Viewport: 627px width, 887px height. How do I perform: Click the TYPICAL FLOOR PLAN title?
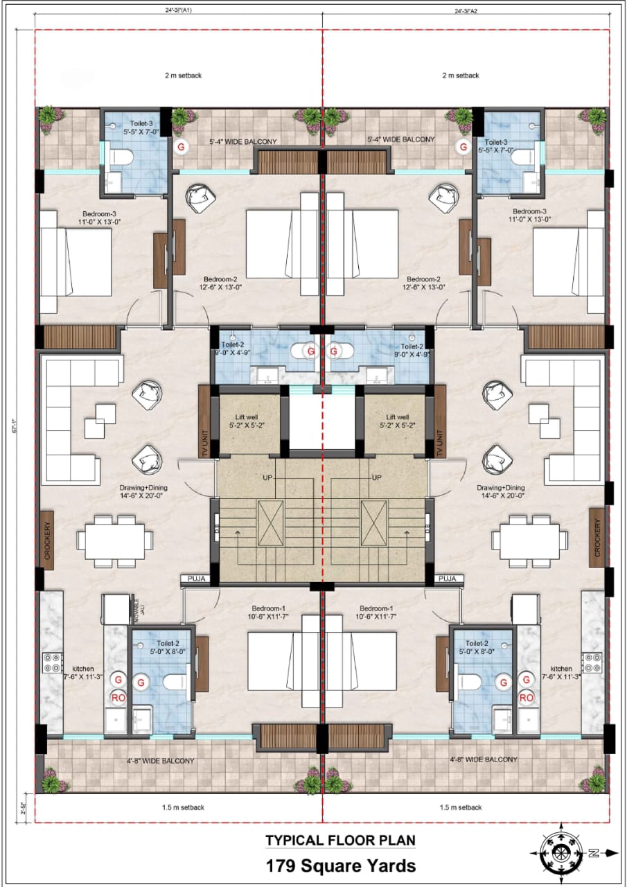pos(340,841)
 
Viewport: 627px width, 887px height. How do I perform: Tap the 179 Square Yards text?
pos(341,866)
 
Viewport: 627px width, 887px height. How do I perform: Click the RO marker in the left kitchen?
pos(118,697)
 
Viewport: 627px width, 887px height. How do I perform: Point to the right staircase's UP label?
pos(377,478)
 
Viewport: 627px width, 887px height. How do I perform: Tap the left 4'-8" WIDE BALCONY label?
pos(161,760)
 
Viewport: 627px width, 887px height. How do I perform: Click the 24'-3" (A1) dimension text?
pos(179,11)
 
